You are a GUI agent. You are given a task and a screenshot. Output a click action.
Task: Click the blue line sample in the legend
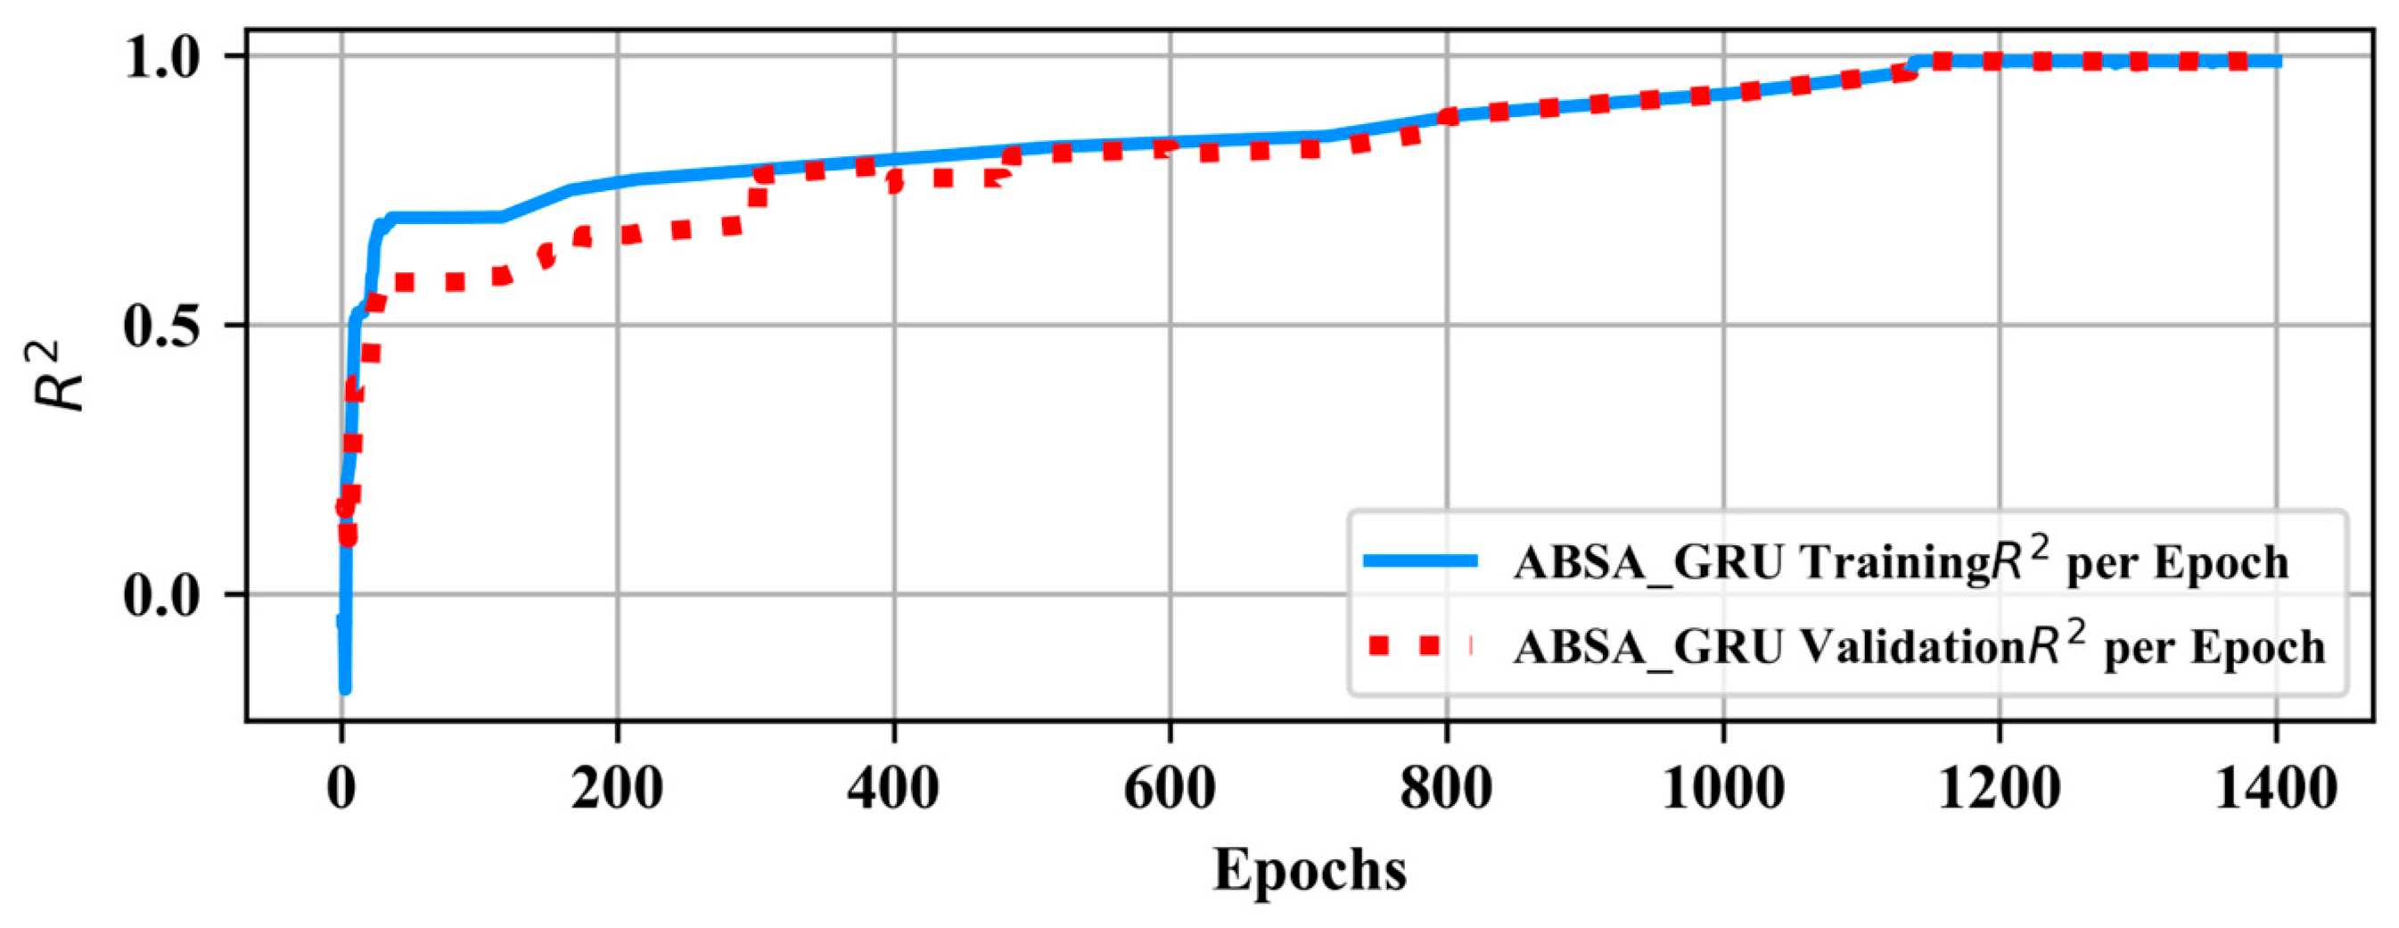[1419, 560]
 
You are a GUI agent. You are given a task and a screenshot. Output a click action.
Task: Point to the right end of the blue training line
[2276, 62]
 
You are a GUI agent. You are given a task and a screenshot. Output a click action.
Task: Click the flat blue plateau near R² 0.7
[447, 218]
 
